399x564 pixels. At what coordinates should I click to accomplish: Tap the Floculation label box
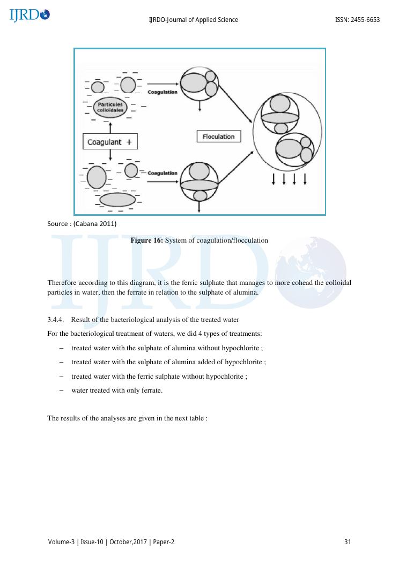tap(219, 137)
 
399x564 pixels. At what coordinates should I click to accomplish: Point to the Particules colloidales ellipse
tap(110, 107)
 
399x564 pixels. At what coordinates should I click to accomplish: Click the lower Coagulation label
tap(162, 173)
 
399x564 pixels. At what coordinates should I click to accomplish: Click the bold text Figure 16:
tap(146, 240)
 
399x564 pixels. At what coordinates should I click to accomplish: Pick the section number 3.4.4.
tap(56, 320)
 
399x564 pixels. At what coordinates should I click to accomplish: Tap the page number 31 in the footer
tap(348, 542)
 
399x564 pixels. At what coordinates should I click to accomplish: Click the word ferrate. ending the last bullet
tap(151, 390)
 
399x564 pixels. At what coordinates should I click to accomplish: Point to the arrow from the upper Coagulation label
tap(162, 84)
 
